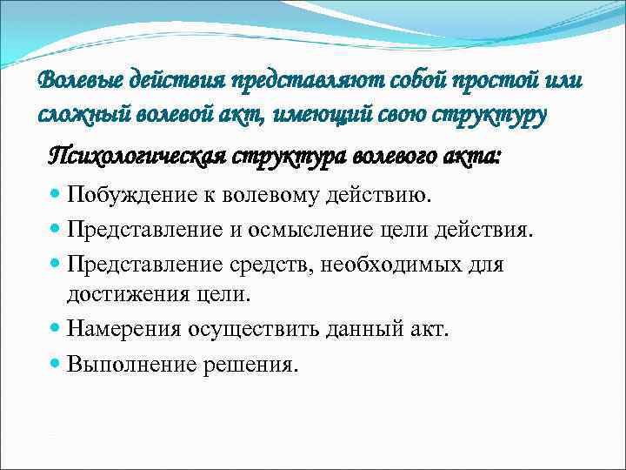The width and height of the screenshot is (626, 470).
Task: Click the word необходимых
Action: (x=396, y=262)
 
